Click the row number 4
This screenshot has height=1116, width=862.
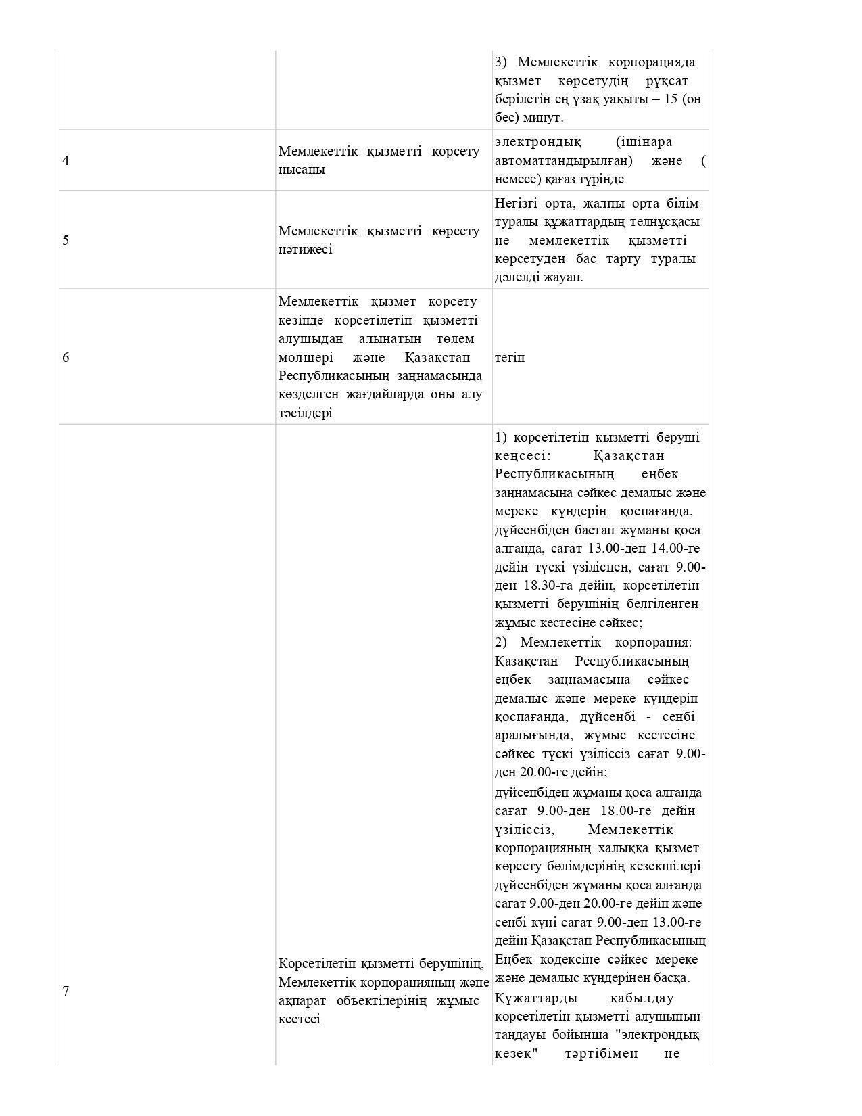click(66, 161)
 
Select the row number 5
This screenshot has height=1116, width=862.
click(66, 240)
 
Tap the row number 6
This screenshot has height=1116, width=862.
click(66, 357)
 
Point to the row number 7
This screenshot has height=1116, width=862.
click(66, 991)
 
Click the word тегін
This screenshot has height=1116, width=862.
click(510, 357)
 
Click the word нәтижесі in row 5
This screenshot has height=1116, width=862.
click(305, 249)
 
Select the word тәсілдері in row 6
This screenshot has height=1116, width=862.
click(305, 413)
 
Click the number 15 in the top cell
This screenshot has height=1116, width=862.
click(671, 99)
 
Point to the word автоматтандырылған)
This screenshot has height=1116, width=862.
click(564, 161)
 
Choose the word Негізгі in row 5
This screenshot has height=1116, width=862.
click(517, 204)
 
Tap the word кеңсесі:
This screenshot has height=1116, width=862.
click(523, 456)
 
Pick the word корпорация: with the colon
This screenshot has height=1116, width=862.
click(653, 642)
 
